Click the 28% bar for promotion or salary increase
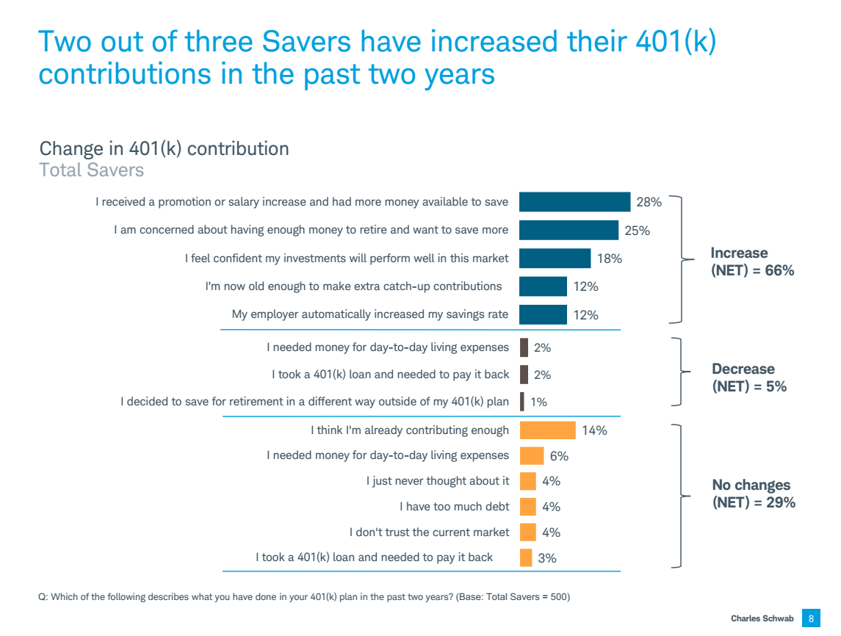coord(574,202)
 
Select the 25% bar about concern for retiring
coord(569,230)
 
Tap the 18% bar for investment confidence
coord(555,259)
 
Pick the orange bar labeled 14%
coord(547,430)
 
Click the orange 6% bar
coord(532,456)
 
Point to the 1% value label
coord(538,402)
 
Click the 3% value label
coord(547,558)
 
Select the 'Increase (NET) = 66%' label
coord(752,262)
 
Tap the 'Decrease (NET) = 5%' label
coord(749,377)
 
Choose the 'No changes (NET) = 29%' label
coord(754,494)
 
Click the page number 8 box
coord(811,618)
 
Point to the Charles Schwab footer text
coord(762,619)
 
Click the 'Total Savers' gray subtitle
coord(91,170)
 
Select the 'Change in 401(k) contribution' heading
coord(164,148)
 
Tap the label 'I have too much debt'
coord(453,507)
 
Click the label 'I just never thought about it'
coord(437,481)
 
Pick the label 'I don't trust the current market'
coord(429,532)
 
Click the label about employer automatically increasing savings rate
coord(369,314)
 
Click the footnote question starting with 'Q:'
coord(303,597)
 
